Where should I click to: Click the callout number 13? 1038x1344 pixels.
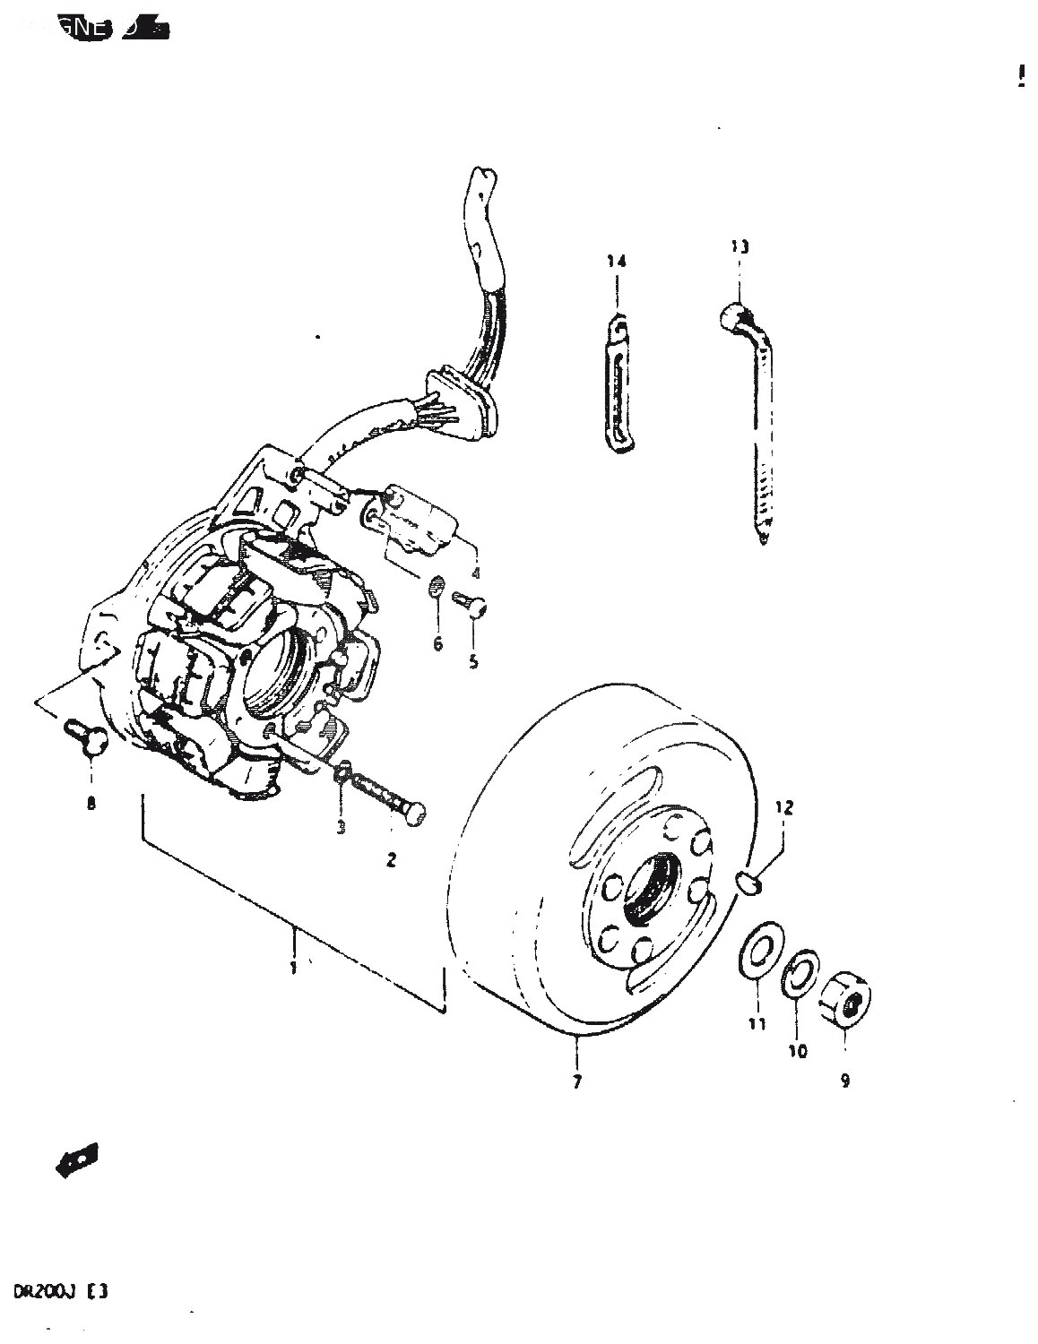pos(740,246)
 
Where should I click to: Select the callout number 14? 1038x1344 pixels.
pos(616,262)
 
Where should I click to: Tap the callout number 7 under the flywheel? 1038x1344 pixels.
pos(576,1081)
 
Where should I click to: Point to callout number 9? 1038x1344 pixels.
pos(844,1081)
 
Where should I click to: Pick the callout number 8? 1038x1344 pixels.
pos(91,804)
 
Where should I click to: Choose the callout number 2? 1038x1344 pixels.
pos(391,860)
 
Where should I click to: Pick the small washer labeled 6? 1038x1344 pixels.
pos(436,588)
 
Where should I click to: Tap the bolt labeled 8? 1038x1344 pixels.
pos(89,737)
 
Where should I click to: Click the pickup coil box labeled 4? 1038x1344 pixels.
pos(421,520)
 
